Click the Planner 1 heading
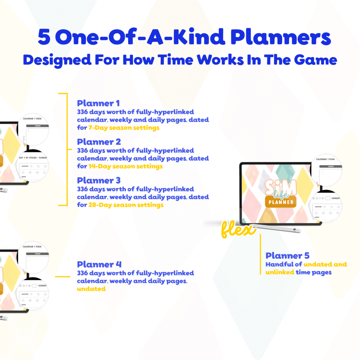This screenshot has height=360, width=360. [x=98, y=103]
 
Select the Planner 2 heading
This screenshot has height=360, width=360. [x=99, y=142]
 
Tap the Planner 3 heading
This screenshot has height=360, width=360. [x=99, y=181]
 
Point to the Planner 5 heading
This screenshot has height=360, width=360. [x=288, y=256]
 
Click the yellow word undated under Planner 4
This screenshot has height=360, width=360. [x=91, y=289]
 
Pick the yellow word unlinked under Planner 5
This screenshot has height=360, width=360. [x=280, y=272]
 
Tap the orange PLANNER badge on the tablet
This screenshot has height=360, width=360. [x=281, y=201]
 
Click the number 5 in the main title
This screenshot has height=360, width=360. [x=44, y=38]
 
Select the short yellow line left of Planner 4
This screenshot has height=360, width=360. [x=63, y=277]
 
